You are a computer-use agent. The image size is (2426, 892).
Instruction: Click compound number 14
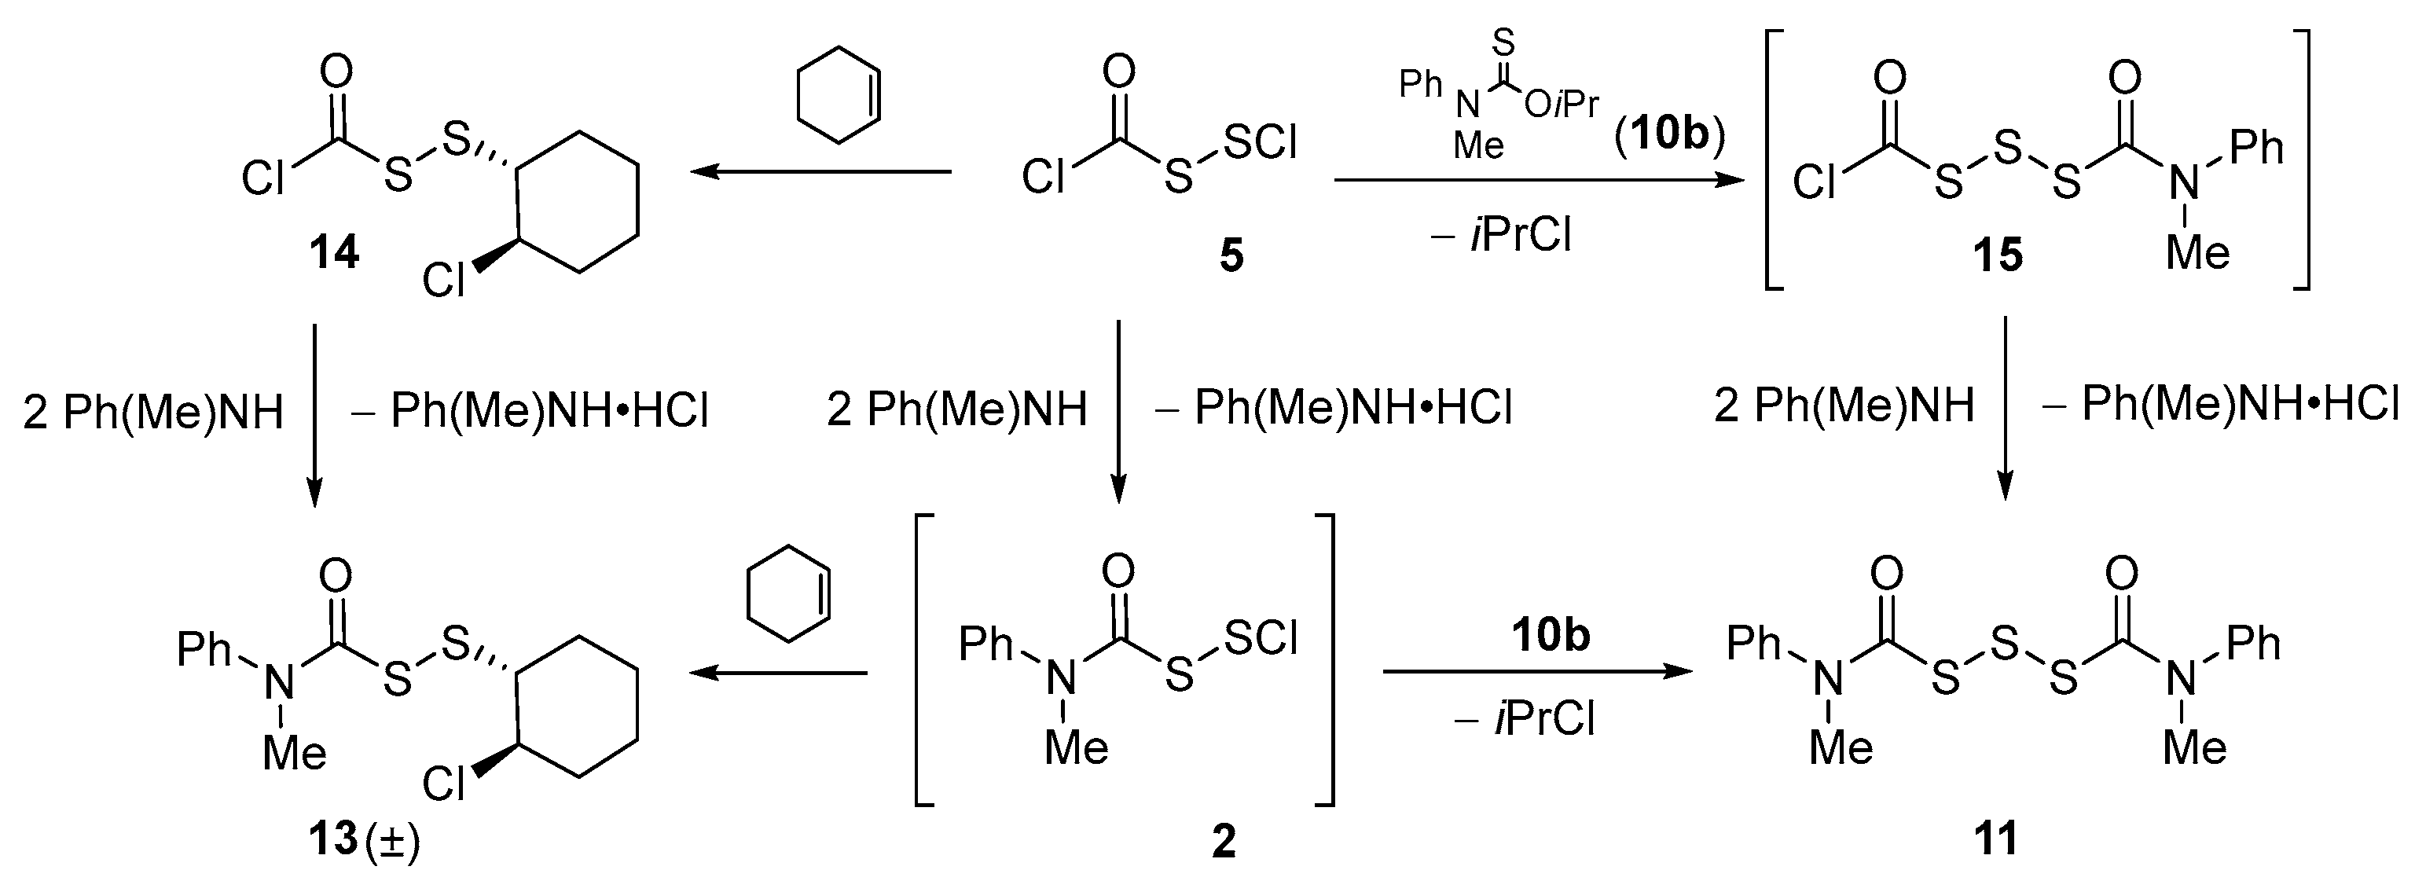pyautogui.click(x=334, y=252)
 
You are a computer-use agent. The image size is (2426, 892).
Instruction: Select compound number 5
pyautogui.click(x=1231, y=255)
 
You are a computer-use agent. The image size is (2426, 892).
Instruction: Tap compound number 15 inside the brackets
pyautogui.click(x=1998, y=255)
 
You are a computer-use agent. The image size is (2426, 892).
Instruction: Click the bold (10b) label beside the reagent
pyautogui.click(x=1670, y=134)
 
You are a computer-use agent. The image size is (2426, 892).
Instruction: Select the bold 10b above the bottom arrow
pyautogui.click(x=1551, y=635)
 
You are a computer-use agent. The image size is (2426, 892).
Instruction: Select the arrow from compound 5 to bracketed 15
pyautogui.click(x=1540, y=179)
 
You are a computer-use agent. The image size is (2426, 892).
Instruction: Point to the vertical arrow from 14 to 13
pyautogui.click(x=314, y=414)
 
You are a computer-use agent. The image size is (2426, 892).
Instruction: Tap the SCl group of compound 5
pyautogui.click(x=1260, y=142)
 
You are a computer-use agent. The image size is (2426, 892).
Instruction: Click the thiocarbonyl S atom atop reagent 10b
pyautogui.click(x=1504, y=42)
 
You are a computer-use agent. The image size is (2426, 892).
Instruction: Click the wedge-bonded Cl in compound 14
pyautogui.click(x=442, y=280)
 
